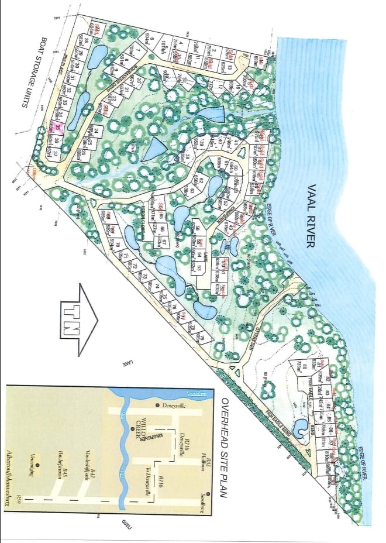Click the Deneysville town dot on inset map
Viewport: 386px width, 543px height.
pos(158,405)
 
